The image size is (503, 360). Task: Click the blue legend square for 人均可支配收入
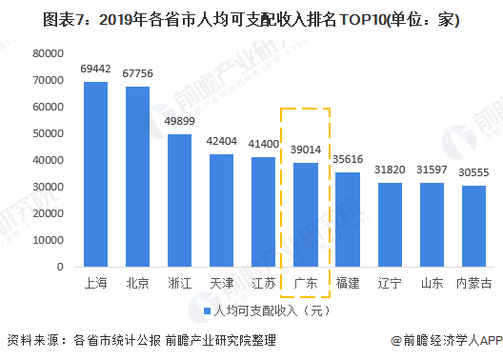207,311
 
